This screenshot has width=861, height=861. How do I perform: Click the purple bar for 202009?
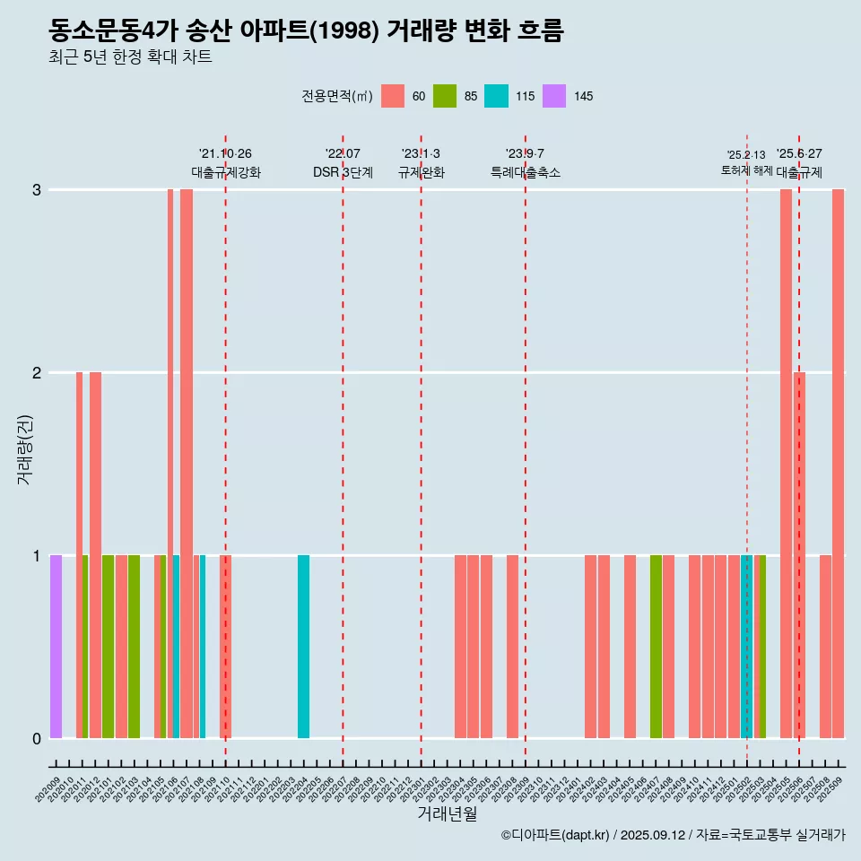[x=56, y=646]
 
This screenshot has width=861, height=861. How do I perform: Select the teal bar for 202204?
[x=303, y=646]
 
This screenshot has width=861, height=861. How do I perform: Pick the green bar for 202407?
[x=656, y=646]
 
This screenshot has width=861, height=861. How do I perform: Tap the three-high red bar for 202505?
[x=786, y=463]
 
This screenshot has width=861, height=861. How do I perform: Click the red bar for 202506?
[x=799, y=554]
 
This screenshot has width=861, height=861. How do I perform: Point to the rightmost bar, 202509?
[x=838, y=463]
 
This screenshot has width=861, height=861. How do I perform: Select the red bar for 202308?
[x=512, y=646]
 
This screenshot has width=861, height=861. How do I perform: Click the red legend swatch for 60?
[x=393, y=96]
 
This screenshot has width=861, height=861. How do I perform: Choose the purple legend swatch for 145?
[x=555, y=96]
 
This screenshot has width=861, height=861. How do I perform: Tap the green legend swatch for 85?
[x=445, y=96]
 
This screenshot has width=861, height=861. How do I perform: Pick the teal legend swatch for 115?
[x=496, y=96]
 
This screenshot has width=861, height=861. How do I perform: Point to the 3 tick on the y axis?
[x=37, y=190]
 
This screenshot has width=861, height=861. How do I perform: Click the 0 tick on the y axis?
[x=37, y=738]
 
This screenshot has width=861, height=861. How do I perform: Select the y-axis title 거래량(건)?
[x=24, y=448]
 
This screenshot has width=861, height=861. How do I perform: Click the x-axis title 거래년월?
[x=447, y=813]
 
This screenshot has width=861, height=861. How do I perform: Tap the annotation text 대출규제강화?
[x=226, y=172]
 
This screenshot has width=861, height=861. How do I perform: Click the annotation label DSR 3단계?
[x=343, y=172]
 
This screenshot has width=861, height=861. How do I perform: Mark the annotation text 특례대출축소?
[x=526, y=172]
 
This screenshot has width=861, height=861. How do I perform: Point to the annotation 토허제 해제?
[x=746, y=170]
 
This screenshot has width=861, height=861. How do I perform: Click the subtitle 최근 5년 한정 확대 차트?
[x=131, y=57]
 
